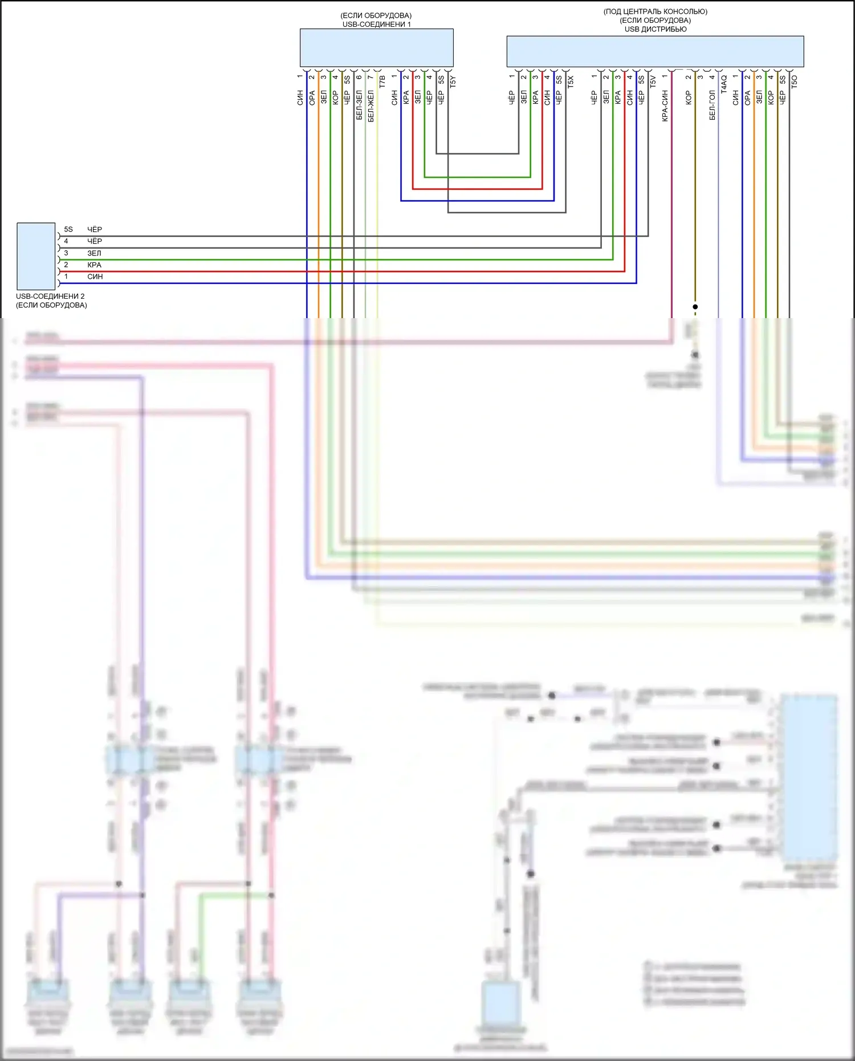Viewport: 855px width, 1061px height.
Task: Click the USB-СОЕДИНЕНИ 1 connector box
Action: pos(376,48)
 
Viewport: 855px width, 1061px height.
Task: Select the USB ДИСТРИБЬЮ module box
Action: pos(655,51)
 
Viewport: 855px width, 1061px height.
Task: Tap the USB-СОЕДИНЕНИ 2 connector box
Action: pos(36,256)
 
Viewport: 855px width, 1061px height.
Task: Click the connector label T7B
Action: pos(382,82)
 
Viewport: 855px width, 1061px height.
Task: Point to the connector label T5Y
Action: pos(453,82)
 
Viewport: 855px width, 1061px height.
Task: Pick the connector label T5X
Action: pos(571,82)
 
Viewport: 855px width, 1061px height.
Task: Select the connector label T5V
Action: pos(653,82)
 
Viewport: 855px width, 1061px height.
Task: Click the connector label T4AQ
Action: pos(724,84)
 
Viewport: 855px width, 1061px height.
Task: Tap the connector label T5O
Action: pos(795,82)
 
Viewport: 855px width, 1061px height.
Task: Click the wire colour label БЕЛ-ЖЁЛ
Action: pos(371,105)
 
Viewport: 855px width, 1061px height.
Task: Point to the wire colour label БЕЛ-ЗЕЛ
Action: pos(359,104)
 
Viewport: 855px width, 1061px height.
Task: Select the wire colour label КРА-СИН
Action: pos(665,105)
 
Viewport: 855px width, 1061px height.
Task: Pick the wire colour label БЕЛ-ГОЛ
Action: pos(712,105)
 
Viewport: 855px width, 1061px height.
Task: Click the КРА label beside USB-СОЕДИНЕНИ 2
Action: pos(94,265)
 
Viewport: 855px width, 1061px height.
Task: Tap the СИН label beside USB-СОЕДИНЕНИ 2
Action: pos(95,277)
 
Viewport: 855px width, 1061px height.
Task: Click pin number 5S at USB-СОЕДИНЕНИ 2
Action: pos(68,229)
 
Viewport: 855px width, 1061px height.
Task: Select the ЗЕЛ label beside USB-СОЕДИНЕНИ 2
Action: pos(94,253)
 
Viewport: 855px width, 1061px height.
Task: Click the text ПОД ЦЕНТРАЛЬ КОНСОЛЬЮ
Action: pos(655,11)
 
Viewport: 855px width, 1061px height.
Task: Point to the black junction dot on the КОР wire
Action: pos(695,307)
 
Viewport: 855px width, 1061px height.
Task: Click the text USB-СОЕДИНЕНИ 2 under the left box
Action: pos(50,296)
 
